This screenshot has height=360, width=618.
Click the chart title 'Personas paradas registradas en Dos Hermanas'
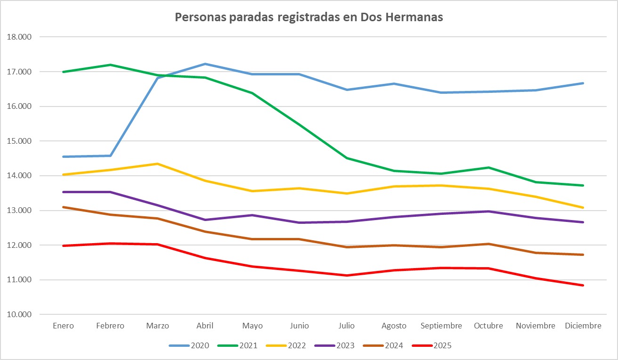(x=309, y=17)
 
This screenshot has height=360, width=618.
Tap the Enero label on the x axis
(x=63, y=326)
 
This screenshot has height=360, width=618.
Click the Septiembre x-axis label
(x=441, y=326)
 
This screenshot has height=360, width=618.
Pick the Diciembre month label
(x=583, y=326)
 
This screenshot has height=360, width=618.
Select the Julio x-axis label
(x=347, y=326)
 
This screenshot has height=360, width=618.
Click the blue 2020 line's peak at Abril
(x=205, y=64)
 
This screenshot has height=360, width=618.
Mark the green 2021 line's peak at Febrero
(x=110, y=65)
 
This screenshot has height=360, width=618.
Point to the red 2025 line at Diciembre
(x=583, y=285)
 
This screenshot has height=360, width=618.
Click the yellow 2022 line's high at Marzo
(x=158, y=164)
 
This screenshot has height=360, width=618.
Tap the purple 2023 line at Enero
(x=63, y=192)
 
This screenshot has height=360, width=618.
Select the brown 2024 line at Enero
(x=63, y=207)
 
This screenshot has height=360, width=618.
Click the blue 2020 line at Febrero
(x=110, y=155)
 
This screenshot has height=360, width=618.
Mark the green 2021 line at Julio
(x=347, y=158)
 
